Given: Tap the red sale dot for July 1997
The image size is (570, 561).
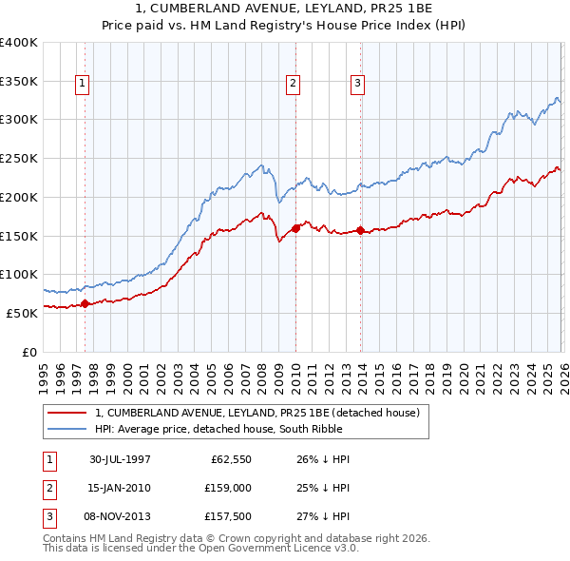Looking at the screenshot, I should [x=85, y=303].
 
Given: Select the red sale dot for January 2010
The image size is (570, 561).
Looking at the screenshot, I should [x=295, y=228].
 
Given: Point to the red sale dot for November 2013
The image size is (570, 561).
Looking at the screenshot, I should [x=360, y=230].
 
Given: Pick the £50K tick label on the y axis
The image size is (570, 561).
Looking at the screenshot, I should [x=23, y=312].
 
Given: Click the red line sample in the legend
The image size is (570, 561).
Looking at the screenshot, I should [x=67, y=413].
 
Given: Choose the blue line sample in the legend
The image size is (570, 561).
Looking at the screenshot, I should [x=67, y=429].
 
